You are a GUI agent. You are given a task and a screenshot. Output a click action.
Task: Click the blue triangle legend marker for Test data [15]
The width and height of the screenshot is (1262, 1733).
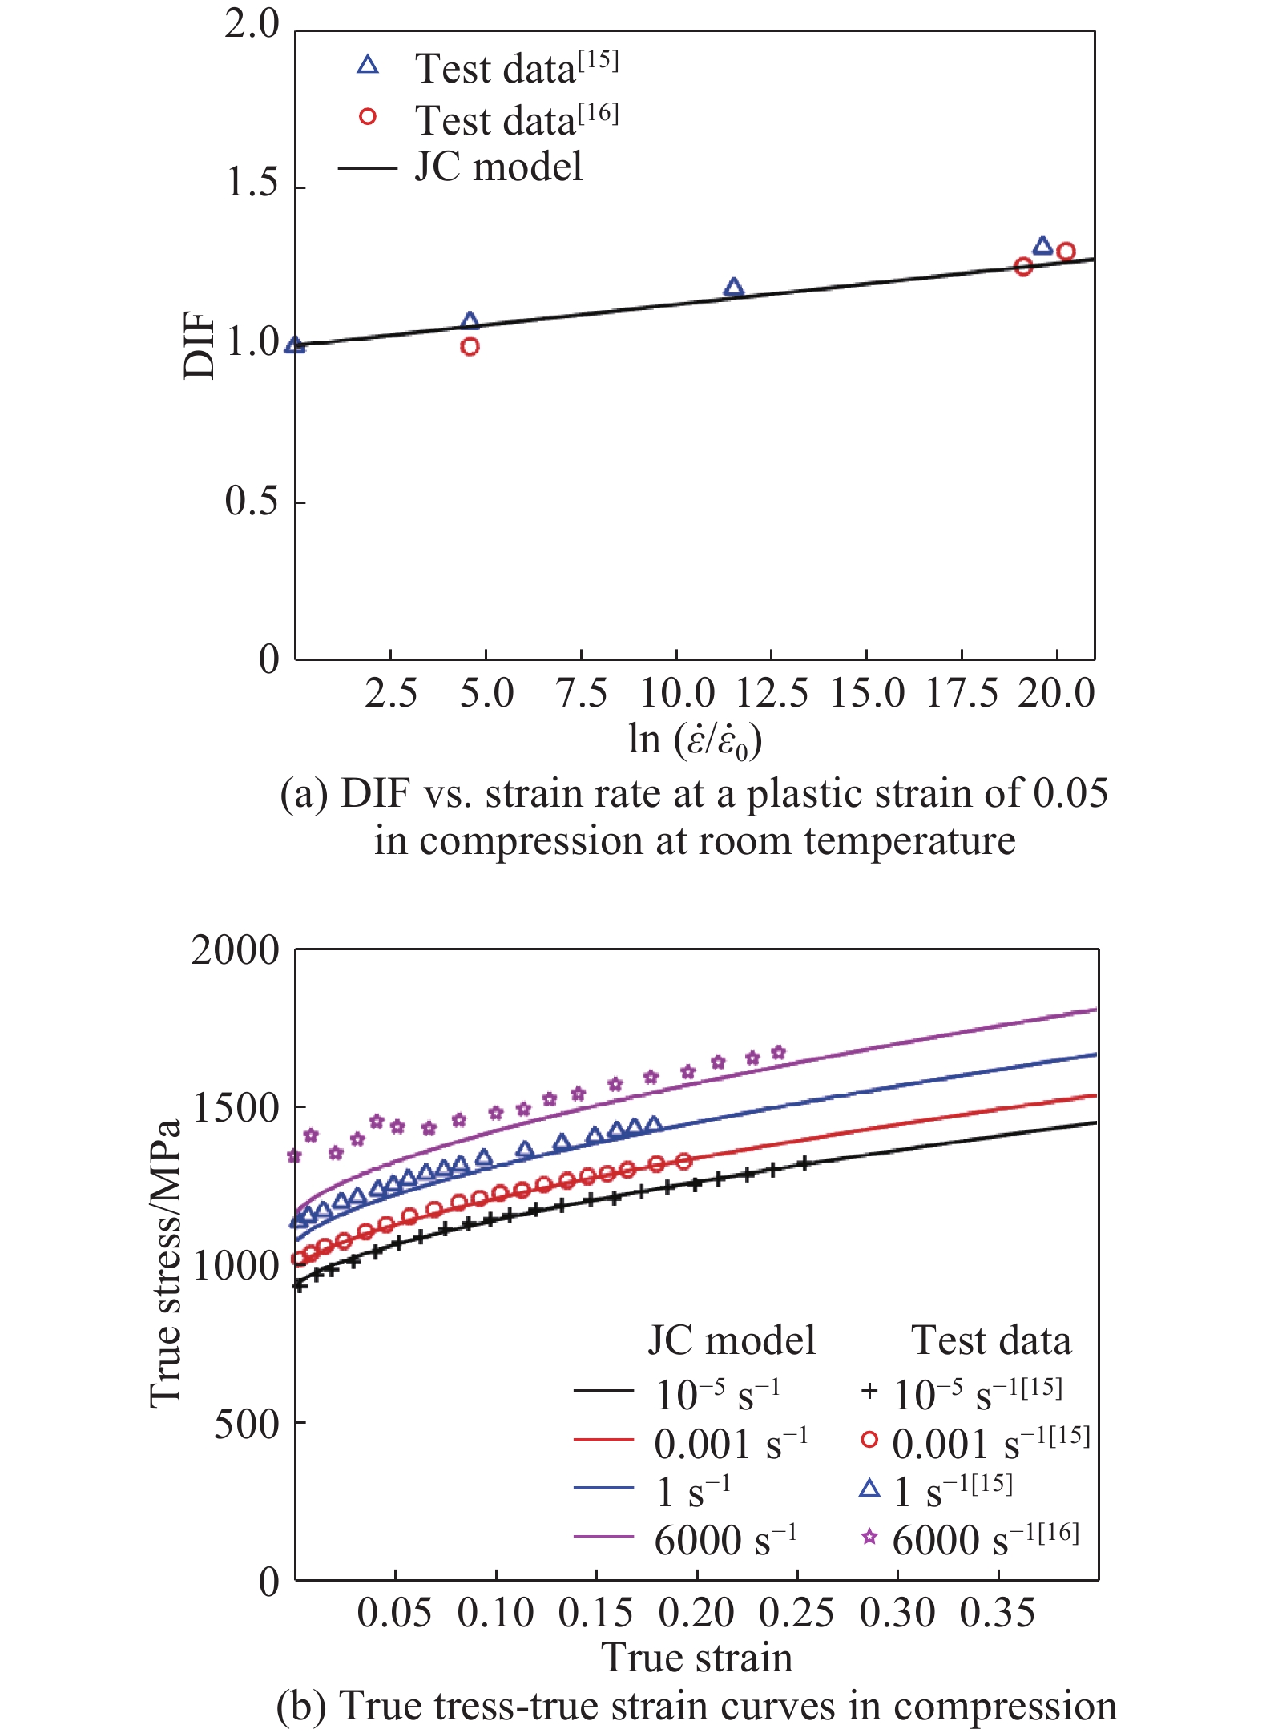(368, 66)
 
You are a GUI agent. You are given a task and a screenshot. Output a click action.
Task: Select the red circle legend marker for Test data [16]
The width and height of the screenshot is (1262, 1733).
(368, 117)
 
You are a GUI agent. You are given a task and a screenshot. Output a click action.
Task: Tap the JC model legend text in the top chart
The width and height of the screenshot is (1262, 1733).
(498, 167)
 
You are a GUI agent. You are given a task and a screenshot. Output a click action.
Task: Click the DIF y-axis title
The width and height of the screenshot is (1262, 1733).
(200, 345)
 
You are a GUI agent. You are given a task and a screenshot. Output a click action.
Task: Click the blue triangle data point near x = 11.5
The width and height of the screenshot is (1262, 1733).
(733, 288)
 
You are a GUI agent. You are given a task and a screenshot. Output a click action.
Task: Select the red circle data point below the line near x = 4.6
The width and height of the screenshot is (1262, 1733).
(470, 347)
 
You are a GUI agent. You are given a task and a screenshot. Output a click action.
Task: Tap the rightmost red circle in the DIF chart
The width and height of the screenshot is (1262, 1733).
(1066, 252)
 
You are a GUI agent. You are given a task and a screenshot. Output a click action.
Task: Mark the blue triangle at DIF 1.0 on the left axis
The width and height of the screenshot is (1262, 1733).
(296, 345)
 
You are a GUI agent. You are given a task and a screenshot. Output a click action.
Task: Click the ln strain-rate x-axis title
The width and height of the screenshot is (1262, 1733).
(695, 740)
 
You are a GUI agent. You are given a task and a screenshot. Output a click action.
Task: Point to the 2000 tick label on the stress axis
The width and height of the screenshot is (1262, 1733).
(235, 950)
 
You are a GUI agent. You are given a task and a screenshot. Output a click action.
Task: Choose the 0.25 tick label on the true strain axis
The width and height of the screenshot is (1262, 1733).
(797, 1614)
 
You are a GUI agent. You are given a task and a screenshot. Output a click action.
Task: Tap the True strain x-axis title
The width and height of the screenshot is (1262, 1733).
(697, 1658)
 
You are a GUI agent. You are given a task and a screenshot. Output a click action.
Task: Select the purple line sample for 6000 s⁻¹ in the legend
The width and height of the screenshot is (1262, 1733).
(603, 1537)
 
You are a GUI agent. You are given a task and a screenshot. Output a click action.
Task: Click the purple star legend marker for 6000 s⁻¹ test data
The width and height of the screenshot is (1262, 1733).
(869, 1536)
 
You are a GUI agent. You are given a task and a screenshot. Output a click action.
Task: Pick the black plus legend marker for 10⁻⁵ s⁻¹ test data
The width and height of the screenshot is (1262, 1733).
(869, 1392)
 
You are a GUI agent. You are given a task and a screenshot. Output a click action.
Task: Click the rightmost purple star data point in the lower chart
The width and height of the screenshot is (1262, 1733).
(778, 1053)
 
